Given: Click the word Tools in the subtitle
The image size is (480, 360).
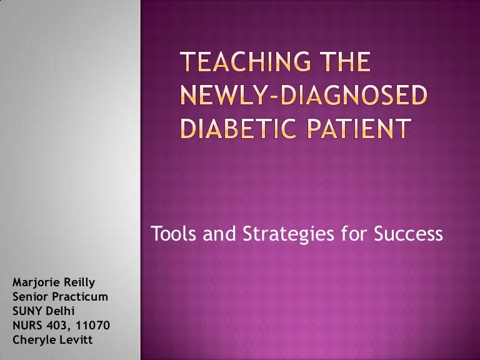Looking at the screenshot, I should [x=171, y=235].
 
